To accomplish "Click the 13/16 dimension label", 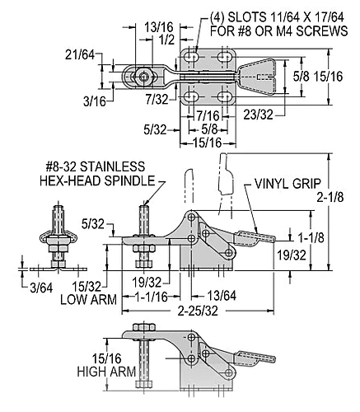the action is (x=159, y=27).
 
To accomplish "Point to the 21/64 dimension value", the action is (x=80, y=55).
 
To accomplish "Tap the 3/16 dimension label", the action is (x=95, y=101).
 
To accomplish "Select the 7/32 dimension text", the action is (x=157, y=99).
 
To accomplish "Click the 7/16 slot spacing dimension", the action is (x=208, y=115).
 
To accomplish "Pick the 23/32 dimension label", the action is (x=258, y=115).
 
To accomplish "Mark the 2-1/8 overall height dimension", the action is (x=330, y=197).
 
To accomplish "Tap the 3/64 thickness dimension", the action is (x=41, y=288).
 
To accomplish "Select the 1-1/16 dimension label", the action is (x=151, y=297).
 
